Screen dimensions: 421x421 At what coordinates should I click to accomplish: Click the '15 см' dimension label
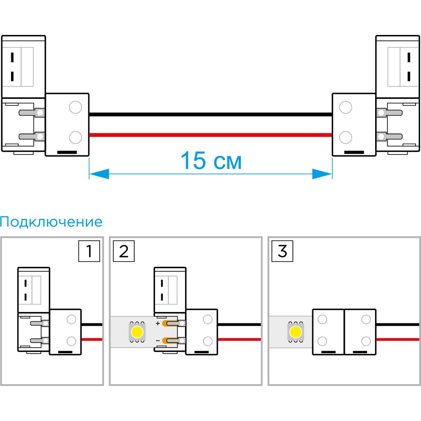pyautogui.click(x=211, y=160)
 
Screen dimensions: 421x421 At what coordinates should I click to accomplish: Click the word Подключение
pyautogui.click(x=51, y=222)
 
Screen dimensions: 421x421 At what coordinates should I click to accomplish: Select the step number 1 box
pyautogui.click(x=89, y=251)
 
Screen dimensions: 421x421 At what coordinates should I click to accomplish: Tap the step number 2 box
pyautogui.click(x=124, y=251)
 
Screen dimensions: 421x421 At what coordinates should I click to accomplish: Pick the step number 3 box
pyautogui.click(x=282, y=251)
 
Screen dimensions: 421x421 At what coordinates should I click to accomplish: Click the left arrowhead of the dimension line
pyautogui.click(x=99, y=174)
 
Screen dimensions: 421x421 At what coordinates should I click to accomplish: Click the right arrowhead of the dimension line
pyautogui.click(x=322, y=174)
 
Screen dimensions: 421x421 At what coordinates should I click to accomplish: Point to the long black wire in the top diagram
pyautogui.click(x=210, y=115)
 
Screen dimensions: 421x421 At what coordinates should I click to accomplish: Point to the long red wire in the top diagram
pyautogui.click(x=210, y=135)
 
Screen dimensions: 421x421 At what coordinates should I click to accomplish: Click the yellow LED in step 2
pyautogui.click(x=137, y=332)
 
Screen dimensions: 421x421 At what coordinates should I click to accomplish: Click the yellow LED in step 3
pyautogui.click(x=296, y=332)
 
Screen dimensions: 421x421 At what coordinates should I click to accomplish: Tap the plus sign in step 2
pyautogui.click(x=158, y=323)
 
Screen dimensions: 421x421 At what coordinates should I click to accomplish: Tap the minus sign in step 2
pyautogui.click(x=158, y=341)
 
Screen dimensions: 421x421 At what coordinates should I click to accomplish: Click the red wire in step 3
pyautogui.click(x=398, y=339)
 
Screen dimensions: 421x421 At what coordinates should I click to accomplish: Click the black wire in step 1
pyautogui.click(x=92, y=325)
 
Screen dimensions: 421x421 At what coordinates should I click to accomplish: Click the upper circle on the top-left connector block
pyautogui.click(x=75, y=107)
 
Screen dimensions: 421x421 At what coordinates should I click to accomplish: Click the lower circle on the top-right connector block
pyautogui.click(x=346, y=137)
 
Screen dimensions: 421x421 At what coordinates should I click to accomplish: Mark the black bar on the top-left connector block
pyautogui.click(x=67, y=152)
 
